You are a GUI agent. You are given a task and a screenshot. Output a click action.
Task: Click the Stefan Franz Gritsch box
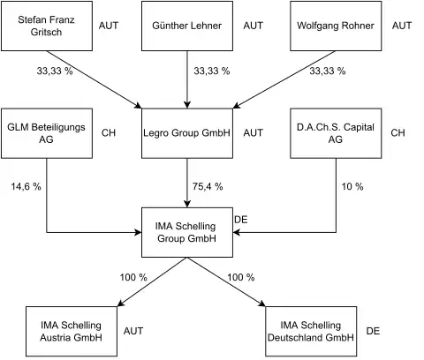coord(46,26)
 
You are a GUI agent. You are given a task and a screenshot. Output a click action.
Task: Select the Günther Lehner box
coord(186,26)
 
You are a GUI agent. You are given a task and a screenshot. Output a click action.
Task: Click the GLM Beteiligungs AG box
coord(46,133)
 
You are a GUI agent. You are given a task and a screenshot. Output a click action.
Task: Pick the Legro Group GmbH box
coord(186,133)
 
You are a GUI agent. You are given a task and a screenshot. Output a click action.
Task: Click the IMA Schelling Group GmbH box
coord(186,232)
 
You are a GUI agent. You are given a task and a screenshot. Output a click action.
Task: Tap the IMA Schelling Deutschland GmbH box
coord(310,330)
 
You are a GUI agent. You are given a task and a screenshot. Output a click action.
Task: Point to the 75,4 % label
coord(208,186)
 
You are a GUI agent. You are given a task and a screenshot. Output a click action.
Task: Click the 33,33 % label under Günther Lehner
coord(212,70)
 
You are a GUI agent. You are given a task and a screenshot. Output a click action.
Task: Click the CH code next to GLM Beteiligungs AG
coord(110,133)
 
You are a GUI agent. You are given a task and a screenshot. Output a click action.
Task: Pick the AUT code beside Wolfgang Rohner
coord(401,26)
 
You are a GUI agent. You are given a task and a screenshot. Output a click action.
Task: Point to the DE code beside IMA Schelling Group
coord(240,218)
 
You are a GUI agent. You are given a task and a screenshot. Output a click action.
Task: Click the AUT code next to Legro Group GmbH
coord(253,133)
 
